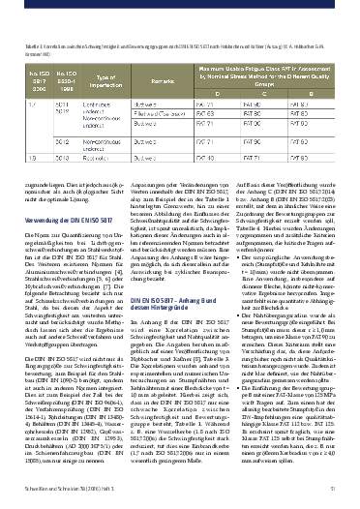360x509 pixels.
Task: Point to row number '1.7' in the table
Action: coord(29,104)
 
